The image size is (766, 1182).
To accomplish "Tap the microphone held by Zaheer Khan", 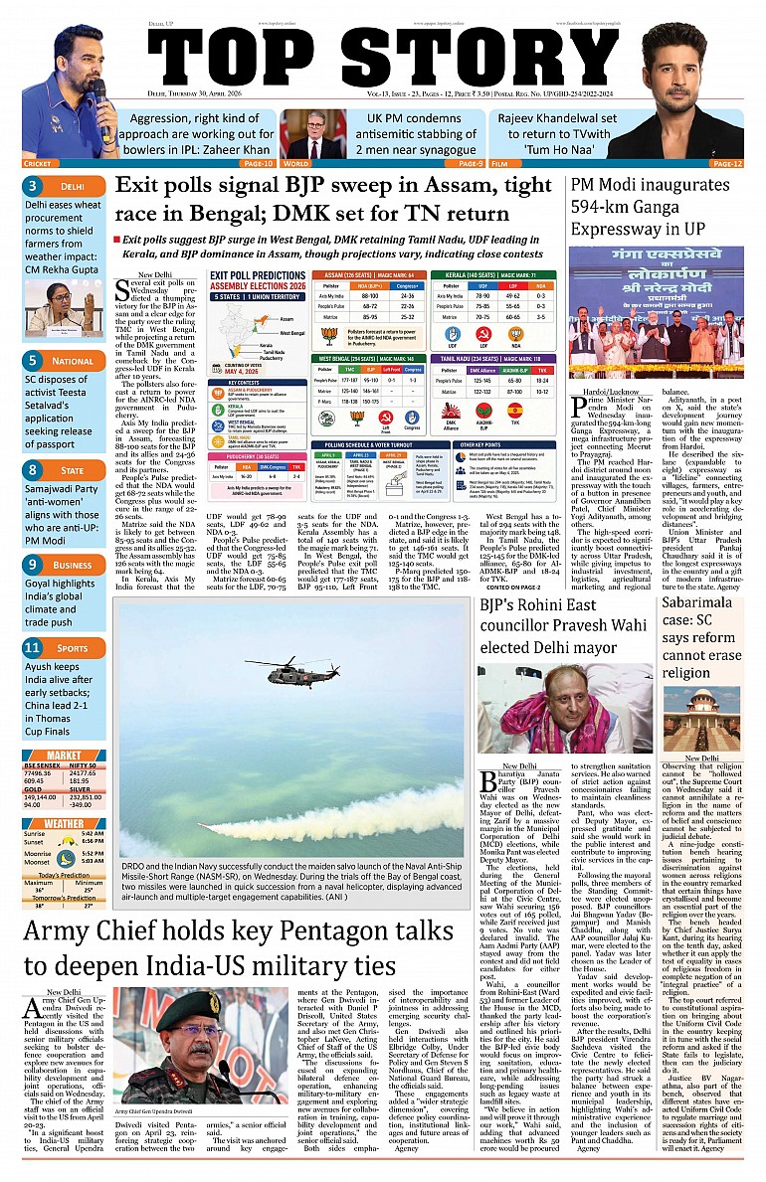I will point(97,95).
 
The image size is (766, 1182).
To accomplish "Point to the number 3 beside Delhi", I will point(34,186).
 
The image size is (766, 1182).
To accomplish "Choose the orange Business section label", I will point(73,565).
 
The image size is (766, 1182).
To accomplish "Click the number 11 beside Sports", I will point(34,647).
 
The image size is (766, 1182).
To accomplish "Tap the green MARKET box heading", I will point(64,755).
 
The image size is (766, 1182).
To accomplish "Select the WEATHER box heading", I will point(64,823).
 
